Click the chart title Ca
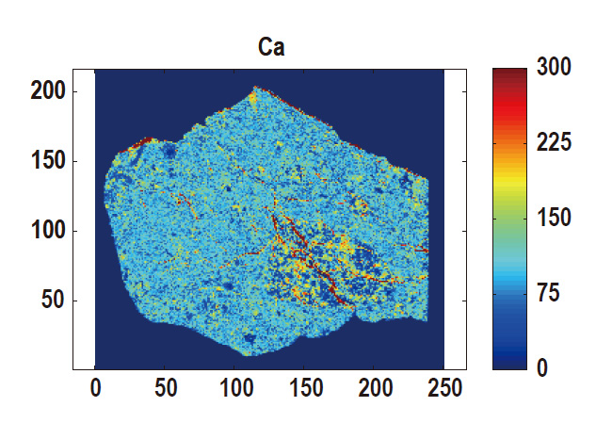coord(271,46)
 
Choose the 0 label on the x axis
coord(95,388)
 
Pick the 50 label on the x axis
coord(165,388)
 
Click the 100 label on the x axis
coord(234,388)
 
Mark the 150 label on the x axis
coord(304,388)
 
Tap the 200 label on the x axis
coord(374,388)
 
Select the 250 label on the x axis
coord(443,388)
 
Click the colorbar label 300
coord(556,69)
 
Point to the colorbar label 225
coord(556,143)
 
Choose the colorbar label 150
coord(556,219)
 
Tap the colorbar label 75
coord(549,293)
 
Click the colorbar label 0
coord(541,367)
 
